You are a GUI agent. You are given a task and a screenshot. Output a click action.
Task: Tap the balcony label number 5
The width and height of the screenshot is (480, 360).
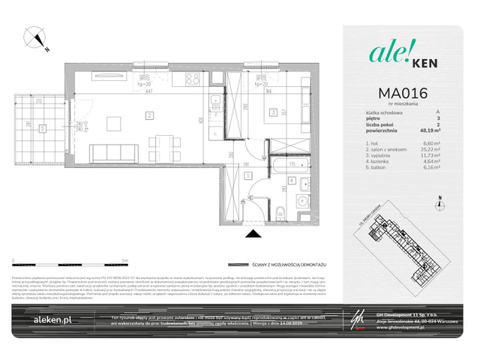coord(43,128)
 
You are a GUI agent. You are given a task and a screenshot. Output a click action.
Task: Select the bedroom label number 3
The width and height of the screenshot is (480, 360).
coord(274,113)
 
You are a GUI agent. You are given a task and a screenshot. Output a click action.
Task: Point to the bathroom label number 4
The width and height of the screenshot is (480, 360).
coord(291,180)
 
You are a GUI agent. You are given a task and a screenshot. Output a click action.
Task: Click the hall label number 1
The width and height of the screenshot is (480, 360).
coord(249,175)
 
